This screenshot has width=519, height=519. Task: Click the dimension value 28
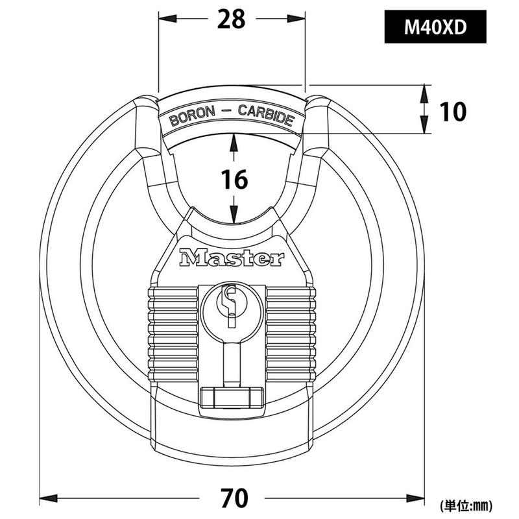(231, 19)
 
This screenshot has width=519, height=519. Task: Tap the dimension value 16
(231, 180)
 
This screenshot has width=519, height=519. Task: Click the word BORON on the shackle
(189, 117)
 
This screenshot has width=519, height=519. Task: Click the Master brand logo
(232, 258)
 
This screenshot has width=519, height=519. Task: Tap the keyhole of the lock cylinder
(231, 305)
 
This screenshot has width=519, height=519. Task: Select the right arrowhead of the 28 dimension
(298, 19)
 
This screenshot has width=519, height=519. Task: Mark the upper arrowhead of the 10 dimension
(424, 92)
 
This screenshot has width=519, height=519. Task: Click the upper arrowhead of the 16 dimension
(232, 139)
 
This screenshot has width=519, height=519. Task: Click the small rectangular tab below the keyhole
(231, 396)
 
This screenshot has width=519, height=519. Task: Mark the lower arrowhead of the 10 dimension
(424, 127)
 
